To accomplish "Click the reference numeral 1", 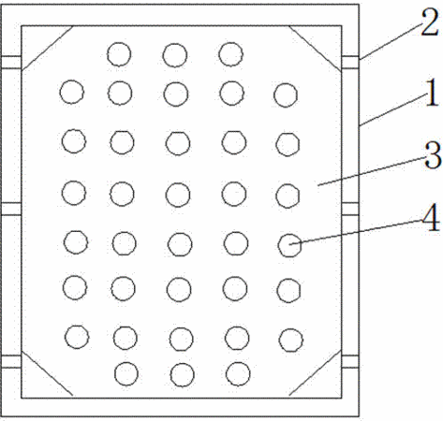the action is [432, 93].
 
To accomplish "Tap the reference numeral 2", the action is [430, 22].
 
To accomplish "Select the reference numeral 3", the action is [433, 155].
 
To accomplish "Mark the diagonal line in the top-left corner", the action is [48, 48].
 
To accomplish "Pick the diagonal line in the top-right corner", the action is [315, 48].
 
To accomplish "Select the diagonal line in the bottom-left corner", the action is [48, 373].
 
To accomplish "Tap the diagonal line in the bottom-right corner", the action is [316, 373].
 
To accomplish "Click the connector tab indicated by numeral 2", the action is [350, 62].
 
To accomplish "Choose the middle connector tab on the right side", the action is [350, 209].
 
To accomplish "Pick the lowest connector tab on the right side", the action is [350, 361].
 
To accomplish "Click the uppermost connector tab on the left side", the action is [11, 62].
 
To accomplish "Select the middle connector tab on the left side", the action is [11, 209].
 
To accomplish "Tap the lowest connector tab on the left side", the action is [11, 361].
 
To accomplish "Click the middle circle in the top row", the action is [175, 55].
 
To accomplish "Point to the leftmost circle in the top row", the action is [119, 54].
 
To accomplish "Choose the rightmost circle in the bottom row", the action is [238, 373].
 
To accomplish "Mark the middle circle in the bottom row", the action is [183, 375].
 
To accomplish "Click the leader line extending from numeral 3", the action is [372, 172].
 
